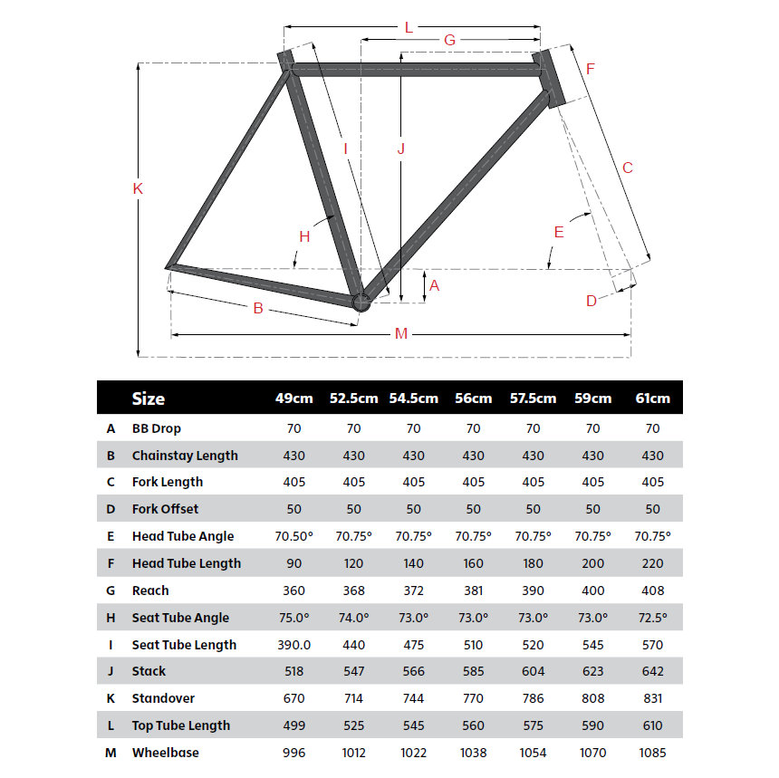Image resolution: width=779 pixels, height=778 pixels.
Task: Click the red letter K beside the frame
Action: pyautogui.click(x=139, y=188)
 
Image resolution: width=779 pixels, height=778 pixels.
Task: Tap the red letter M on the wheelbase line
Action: pyautogui.click(x=401, y=334)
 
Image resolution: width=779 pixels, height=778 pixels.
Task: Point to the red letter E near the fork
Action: pyautogui.click(x=559, y=232)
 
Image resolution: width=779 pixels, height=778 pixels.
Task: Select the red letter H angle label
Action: pyautogui.click(x=304, y=236)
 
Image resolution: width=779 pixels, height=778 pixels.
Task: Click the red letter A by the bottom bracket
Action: pyautogui.click(x=434, y=285)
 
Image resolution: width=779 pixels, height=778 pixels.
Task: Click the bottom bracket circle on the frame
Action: pyautogui.click(x=361, y=303)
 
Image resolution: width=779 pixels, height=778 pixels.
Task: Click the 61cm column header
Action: pyautogui.click(x=653, y=399)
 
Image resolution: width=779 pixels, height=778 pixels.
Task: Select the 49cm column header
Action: pyautogui.click(x=293, y=399)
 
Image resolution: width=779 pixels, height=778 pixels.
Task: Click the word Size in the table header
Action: pyautogui.click(x=149, y=399)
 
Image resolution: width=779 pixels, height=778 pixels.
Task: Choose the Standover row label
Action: pyautogui.click(x=163, y=698)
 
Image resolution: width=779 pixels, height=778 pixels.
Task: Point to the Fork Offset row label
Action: pyautogui.click(x=165, y=509)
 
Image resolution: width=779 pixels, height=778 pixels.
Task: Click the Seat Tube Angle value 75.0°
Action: pyautogui.click(x=293, y=618)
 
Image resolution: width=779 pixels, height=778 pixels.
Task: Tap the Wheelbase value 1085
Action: pyautogui.click(x=653, y=753)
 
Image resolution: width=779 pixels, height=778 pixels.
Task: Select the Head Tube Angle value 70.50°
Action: pyautogui.click(x=293, y=536)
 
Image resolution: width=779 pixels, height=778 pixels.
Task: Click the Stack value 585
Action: pyautogui.click(x=473, y=671)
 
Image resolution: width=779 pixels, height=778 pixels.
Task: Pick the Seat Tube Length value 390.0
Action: pyautogui.click(x=293, y=645)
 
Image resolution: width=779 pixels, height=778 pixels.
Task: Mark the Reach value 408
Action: pyautogui.click(x=653, y=591)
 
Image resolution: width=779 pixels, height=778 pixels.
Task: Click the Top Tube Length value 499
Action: pyautogui.click(x=293, y=725)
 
